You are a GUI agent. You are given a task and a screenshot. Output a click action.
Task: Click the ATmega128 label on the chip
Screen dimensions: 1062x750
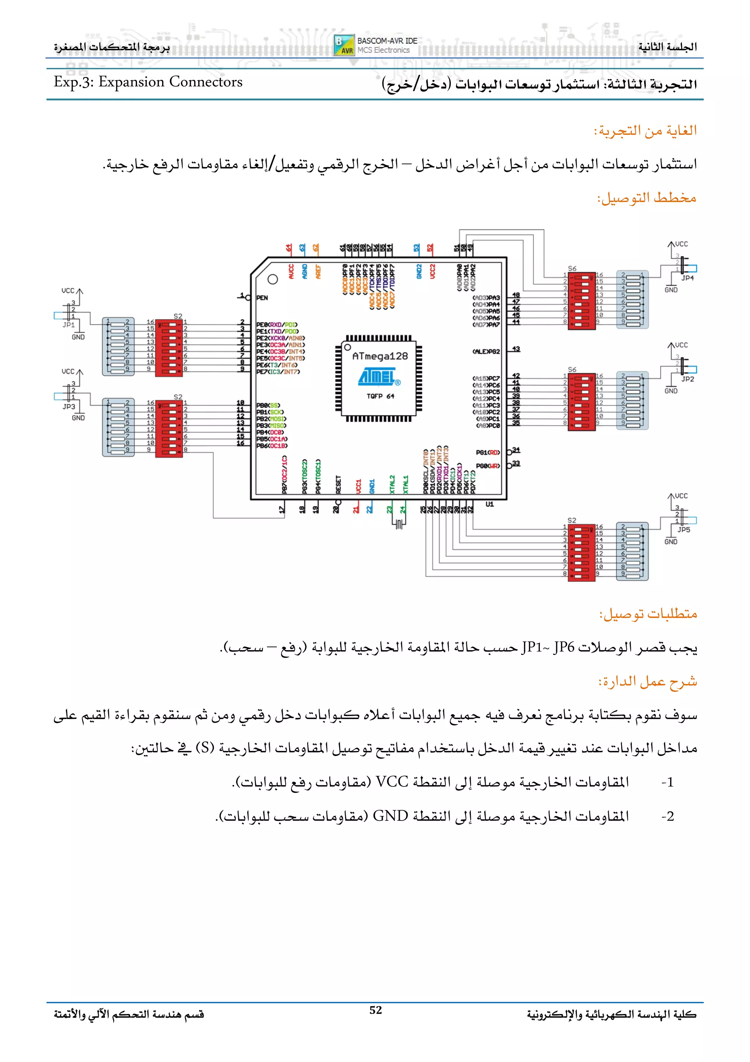pos(380,356)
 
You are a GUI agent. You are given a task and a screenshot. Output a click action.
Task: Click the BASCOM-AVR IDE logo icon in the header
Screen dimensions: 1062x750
pos(344,45)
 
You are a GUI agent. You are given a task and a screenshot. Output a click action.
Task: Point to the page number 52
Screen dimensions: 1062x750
pos(376,1010)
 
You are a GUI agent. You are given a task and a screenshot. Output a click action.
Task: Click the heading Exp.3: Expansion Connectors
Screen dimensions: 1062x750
pos(148,82)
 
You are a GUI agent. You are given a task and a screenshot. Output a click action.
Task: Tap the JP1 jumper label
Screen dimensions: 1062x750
pos(69,325)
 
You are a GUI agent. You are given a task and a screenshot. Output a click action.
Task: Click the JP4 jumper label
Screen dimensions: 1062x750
pos(687,278)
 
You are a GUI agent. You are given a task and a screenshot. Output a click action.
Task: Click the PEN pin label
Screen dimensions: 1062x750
pos(262,298)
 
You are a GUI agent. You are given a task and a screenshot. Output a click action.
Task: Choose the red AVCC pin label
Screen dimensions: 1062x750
pos(291,272)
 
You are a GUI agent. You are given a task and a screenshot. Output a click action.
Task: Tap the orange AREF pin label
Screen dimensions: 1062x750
pos(318,272)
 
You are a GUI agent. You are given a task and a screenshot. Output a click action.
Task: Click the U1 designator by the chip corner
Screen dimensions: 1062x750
pos(489,504)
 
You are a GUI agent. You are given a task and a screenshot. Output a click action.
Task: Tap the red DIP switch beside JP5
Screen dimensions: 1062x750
pos(581,552)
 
